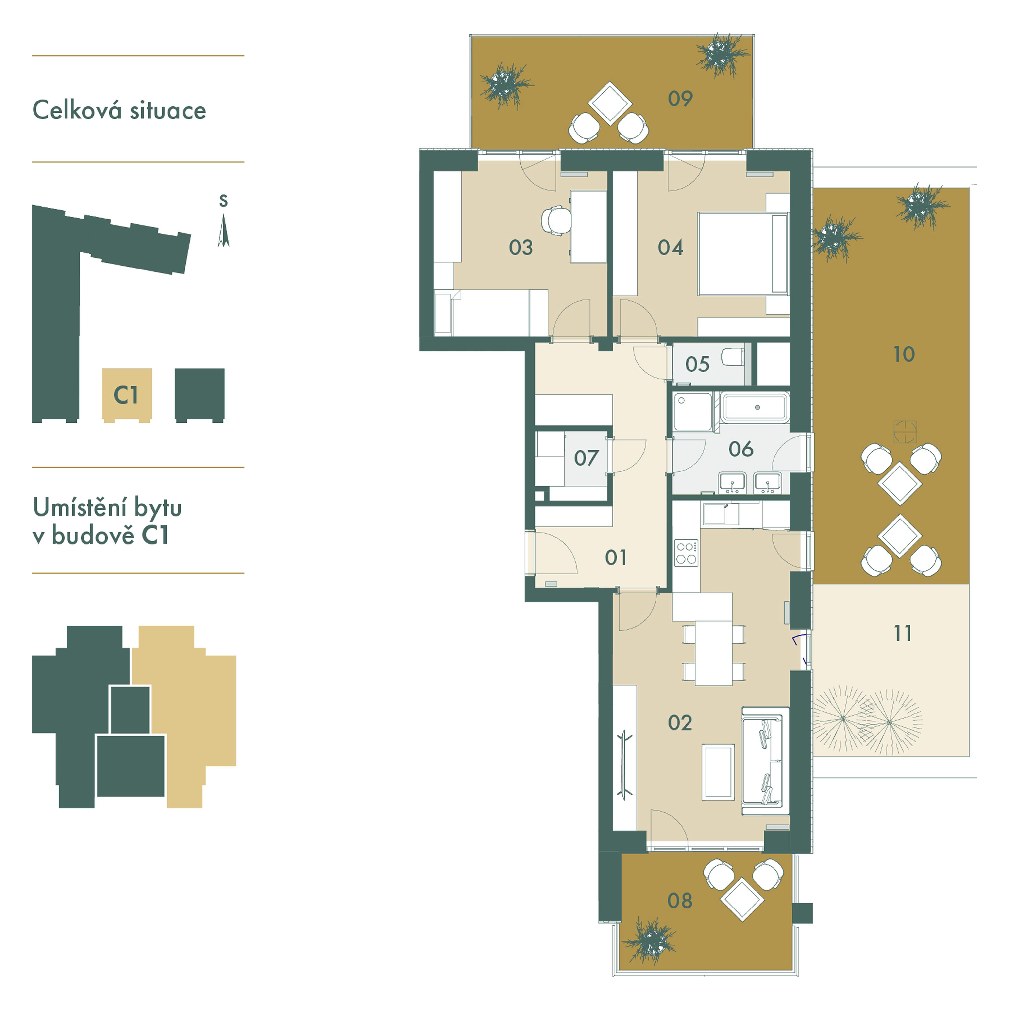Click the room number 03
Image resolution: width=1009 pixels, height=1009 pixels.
click(521, 248)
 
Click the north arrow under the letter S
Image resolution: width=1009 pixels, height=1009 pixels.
click(223, 231)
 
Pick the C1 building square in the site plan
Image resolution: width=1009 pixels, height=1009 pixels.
click(127, 394)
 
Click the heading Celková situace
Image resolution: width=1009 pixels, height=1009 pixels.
click(119, 110)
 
